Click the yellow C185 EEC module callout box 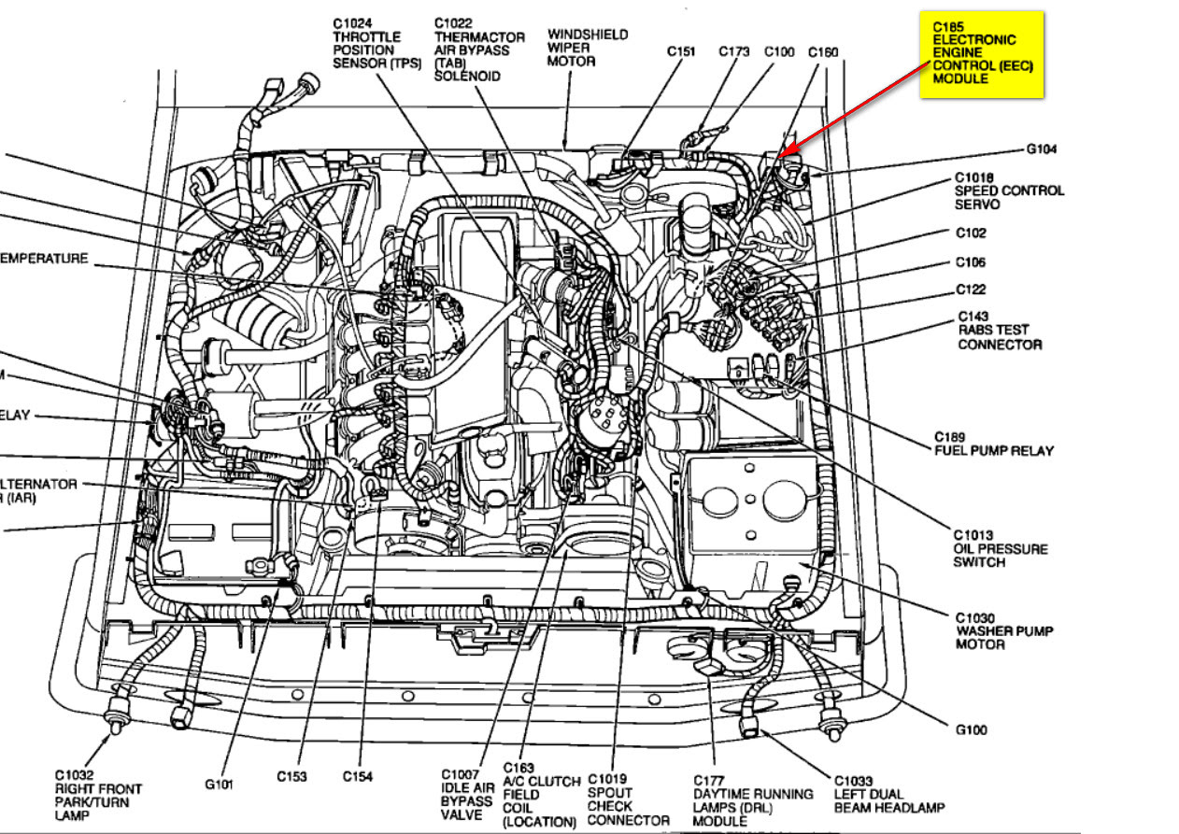click(980, 53)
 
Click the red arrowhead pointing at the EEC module click(784, 152)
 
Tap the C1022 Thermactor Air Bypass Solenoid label click(476, 49)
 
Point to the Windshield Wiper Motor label click(587, 48)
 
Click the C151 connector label click(681, 52)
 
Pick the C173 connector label click(733, 52)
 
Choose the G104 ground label click(1041, 149)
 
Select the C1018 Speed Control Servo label click(1008, 191)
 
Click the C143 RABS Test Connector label click(998, 331)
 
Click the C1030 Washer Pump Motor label click(1003, 630)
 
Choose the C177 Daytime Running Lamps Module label click(752, 799)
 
